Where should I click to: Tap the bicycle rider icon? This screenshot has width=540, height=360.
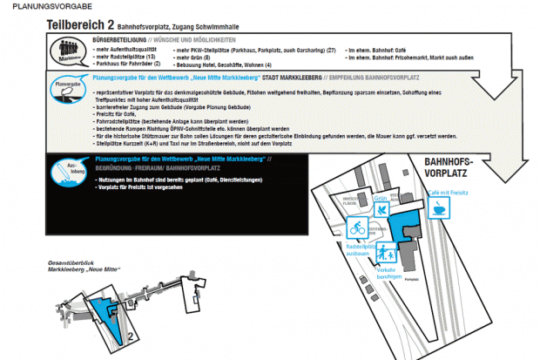coord(356,229)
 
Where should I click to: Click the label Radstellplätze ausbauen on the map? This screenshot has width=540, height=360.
coord(360,251)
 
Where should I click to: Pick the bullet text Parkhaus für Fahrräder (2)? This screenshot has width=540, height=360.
coord(127,65)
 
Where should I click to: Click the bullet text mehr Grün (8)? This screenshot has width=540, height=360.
coord(199,58)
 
